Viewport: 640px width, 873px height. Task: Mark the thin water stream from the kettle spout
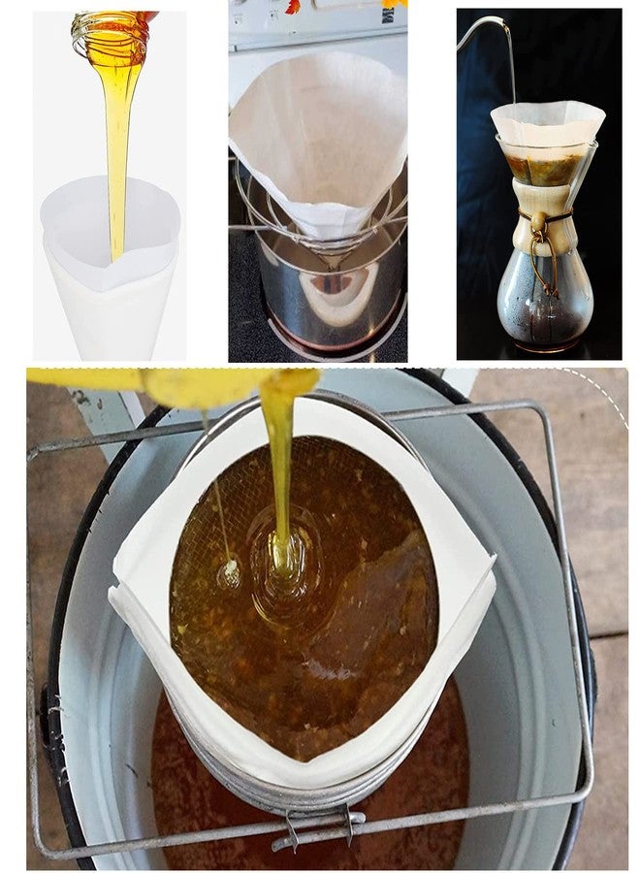tap(511, 68)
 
